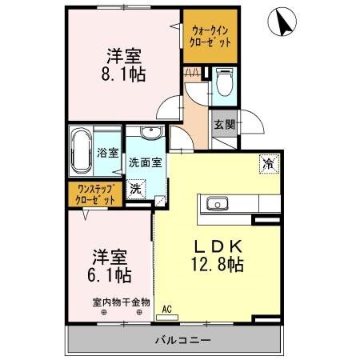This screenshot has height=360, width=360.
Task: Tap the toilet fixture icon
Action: click(223, 82)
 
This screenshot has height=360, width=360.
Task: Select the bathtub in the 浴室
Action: click(81, 150)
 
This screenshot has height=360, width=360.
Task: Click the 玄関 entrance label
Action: click(224, 125)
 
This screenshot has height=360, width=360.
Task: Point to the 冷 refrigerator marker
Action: click(267, 162)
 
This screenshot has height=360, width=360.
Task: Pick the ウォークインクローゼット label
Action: click(211, 36)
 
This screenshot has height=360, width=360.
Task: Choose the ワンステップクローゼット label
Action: click(95, 194)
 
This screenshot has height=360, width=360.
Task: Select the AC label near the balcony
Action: click(167, 307)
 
